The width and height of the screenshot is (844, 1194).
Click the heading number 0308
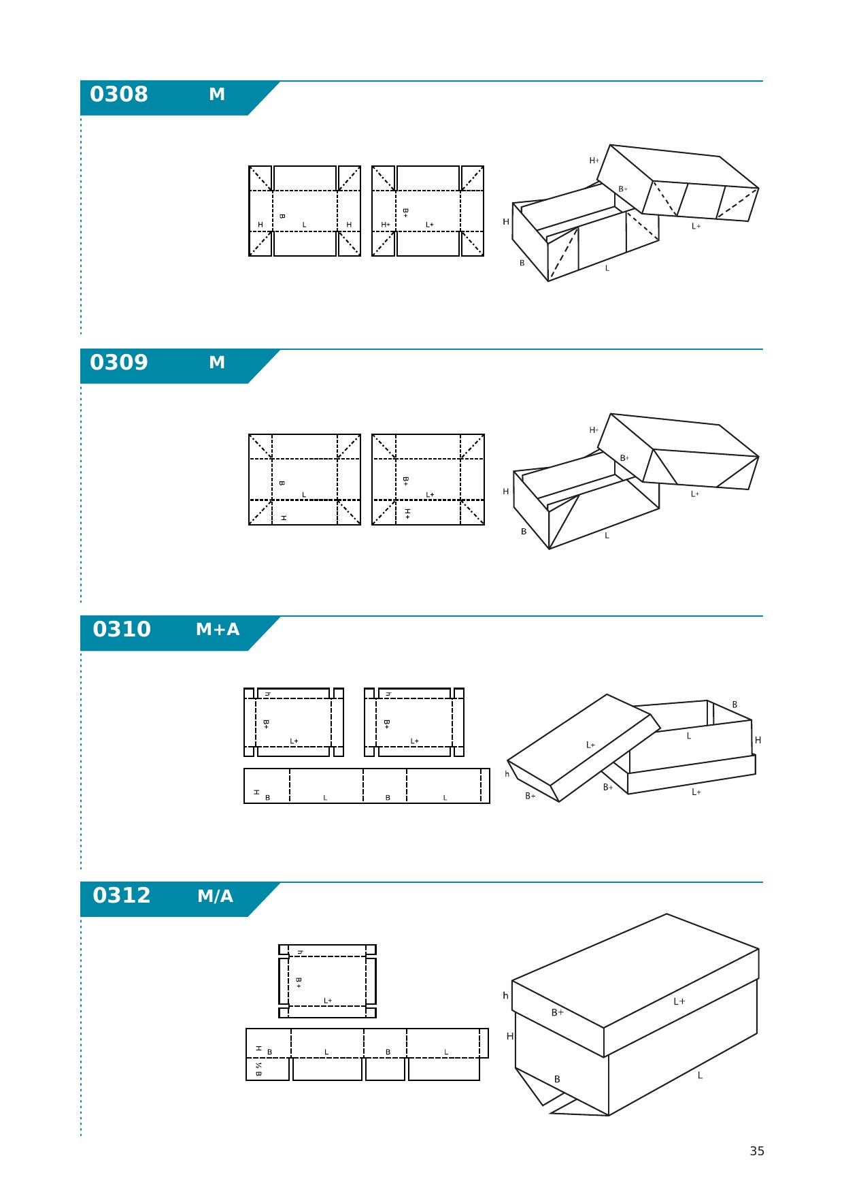point(119,94)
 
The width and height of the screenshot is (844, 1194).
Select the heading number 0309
point(119,362)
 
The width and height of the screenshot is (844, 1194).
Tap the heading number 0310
point(122,629)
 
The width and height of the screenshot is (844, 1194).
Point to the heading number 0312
point(122,895)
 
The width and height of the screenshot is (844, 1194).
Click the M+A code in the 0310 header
point(218,630)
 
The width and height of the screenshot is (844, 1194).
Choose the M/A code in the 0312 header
point(216,896)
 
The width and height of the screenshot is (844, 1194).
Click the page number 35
point(757,1151)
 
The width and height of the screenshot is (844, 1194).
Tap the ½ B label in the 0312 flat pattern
point(258,1069)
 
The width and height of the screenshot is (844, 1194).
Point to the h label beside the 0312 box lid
point(505,996)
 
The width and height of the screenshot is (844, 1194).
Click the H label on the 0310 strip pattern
point(256,792)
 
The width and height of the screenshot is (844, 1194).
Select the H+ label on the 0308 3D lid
point(594,161)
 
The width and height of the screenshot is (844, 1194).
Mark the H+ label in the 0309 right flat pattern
point(407,513)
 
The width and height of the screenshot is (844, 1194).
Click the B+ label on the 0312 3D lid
point(558,1012)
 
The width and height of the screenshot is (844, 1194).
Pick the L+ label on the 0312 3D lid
point(679,1001)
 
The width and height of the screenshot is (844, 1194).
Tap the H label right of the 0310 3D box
point(758,740)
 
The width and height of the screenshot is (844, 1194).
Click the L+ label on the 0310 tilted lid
point(591,745)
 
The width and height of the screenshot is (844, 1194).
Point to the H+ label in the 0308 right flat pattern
point(386,225)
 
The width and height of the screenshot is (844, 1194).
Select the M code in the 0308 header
point(217,95)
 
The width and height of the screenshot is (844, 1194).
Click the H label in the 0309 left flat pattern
point(284,518)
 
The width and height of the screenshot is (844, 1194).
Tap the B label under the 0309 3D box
point(524,532)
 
